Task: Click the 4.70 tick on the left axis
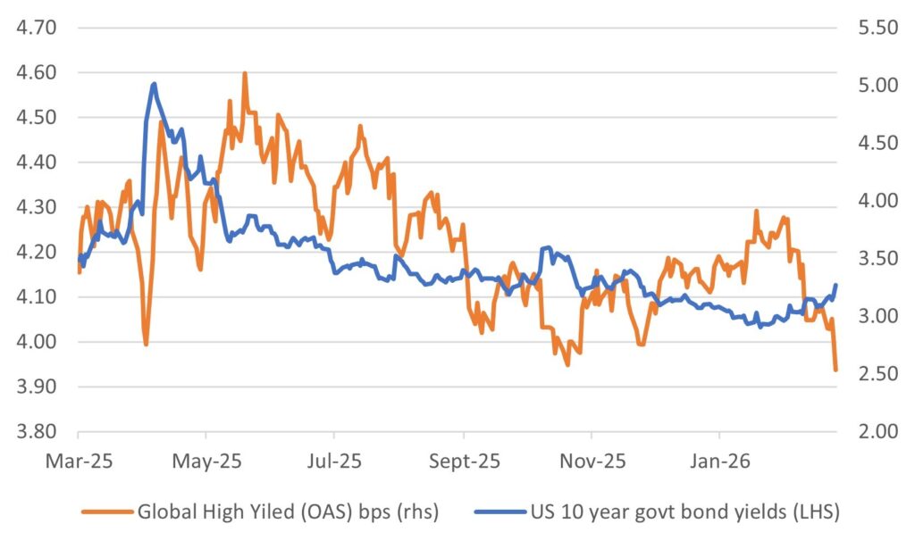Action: click(37, 28)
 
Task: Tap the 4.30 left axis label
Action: click(37, 207)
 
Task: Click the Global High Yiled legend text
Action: click(287, 512)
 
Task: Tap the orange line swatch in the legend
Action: click(106, 512)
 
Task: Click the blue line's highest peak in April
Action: click(155, 84)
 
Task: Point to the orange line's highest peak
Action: click(244, 74)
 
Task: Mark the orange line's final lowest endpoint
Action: click(835, 370)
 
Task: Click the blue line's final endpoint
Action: click(835, 285)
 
